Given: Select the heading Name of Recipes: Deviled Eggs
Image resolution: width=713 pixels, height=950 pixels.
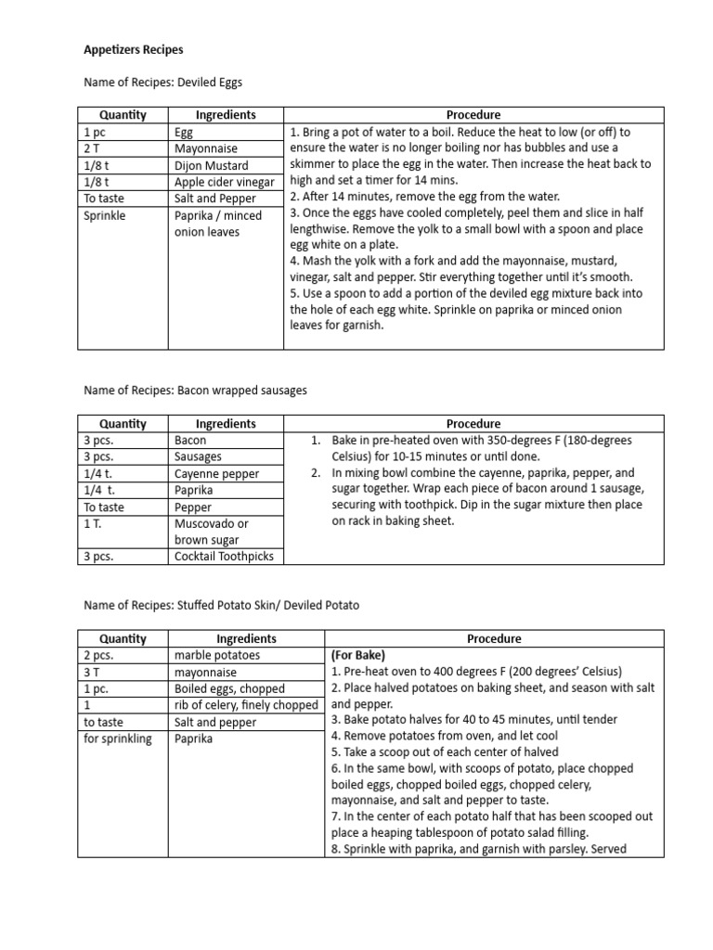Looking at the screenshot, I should tap(162, 83).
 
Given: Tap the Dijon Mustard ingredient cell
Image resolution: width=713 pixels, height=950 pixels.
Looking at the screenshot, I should tap(211, 166).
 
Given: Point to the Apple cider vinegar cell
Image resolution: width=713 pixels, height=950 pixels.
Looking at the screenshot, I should tap(224, 183).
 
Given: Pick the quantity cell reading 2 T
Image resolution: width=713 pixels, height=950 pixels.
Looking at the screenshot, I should tap(92, 149).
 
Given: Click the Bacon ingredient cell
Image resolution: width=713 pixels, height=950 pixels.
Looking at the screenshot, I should tap(190, 441).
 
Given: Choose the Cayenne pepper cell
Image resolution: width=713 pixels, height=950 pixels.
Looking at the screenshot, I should tap(216, 474).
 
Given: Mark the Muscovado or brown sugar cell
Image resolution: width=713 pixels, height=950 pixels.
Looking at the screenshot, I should tap(211, 532).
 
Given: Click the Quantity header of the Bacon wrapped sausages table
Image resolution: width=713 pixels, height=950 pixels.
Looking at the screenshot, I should tap(123, 424).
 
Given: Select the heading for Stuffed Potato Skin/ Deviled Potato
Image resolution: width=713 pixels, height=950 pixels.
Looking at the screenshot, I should tap(221, 605).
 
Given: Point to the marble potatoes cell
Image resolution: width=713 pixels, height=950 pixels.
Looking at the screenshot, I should tap(217, 655).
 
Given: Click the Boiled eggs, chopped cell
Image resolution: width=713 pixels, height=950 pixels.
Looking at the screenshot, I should tap(229, 688).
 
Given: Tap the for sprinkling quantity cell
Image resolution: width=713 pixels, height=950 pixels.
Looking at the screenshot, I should tap(118, 738).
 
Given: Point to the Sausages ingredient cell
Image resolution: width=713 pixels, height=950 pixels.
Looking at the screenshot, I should tap(198, 457).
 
